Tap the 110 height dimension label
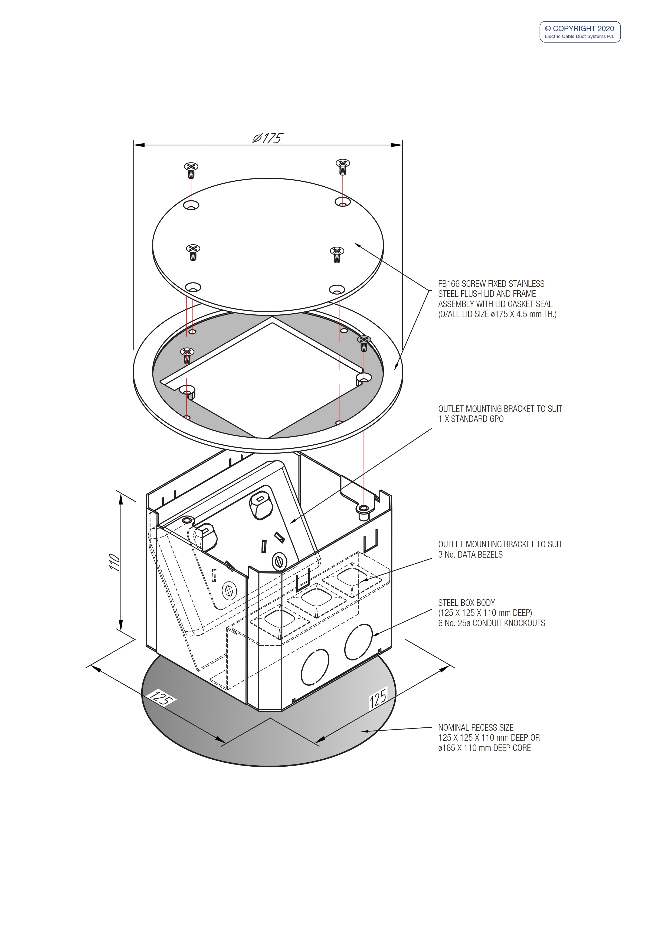point(114,562)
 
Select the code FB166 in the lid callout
point(448,284)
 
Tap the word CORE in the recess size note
point(522,748)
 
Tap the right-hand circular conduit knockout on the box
point(358,642)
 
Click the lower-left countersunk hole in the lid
point(193,287)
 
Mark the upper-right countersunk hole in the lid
point(343,202)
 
